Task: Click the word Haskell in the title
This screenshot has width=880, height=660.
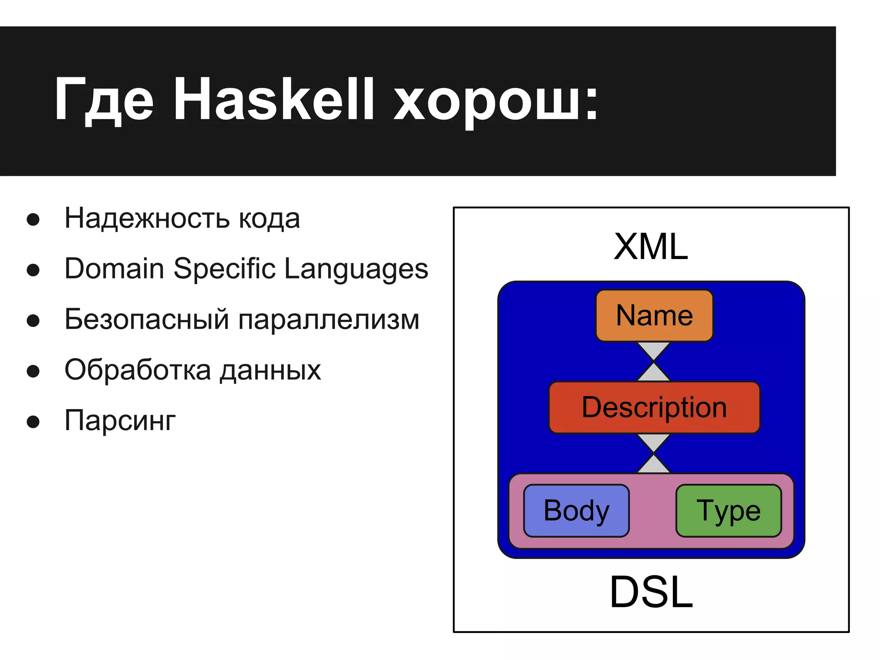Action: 273,100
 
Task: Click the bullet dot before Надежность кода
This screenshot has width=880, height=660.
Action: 33,219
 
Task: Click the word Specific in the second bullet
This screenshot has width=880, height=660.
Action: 224,269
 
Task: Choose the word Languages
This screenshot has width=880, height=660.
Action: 356,270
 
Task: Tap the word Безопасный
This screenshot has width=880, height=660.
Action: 147,320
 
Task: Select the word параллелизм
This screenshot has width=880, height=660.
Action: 329,320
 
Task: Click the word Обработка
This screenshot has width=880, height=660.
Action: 137,370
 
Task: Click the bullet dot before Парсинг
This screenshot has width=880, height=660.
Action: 33,422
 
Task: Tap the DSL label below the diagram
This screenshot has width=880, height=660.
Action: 651,593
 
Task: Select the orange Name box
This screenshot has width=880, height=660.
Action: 654,316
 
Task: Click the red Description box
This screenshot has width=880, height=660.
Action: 654,407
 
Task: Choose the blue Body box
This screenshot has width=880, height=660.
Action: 576,510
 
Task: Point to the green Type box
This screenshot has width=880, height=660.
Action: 728,510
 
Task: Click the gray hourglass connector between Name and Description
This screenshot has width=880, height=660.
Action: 654,361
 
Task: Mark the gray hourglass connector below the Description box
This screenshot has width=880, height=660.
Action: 654,453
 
